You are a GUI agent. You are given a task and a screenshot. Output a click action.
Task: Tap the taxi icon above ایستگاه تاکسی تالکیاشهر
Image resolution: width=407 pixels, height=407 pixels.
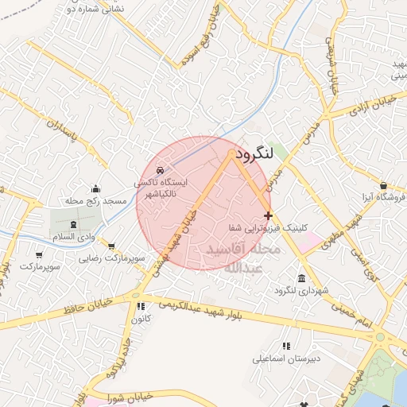tap(161, 170)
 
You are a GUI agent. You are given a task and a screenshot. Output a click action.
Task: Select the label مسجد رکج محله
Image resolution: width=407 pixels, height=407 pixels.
tap(96, 201)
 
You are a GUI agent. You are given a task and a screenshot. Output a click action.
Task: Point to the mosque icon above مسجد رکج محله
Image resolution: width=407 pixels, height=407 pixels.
tap(96, 188)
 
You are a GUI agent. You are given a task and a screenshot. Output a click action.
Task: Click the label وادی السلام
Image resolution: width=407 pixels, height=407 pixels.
tap(74, 237)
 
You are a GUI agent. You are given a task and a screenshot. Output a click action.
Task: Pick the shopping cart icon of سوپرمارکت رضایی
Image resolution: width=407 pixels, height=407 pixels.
tap(110, 246)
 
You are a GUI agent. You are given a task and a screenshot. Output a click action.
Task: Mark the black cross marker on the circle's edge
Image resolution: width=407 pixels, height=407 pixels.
tap(268, 215)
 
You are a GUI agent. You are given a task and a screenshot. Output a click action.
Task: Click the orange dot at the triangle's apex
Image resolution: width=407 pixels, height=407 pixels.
tap(231, 153)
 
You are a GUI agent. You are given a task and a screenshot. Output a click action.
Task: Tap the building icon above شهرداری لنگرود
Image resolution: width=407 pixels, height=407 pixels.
tap(301, 277)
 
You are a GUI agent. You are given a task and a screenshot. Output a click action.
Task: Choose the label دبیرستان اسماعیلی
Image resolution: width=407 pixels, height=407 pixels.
tap(286, 359)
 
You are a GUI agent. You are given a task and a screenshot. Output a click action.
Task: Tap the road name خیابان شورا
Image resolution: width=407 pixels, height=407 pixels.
tap(128, 396)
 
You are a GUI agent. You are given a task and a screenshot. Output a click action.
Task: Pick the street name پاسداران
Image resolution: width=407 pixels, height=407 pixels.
tap(65, 136)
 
